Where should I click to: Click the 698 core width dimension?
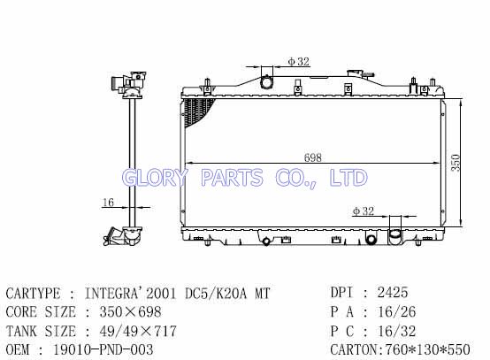point(313,157)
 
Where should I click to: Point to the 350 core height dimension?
point(456,163)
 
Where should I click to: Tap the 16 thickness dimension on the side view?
point(108,203)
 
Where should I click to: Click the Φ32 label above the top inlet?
point(298,62)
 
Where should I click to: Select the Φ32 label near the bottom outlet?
point(364,211)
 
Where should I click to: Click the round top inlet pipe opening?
point(266,82)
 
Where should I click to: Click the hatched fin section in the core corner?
point(197,111)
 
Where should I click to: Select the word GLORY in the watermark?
point(155,178)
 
